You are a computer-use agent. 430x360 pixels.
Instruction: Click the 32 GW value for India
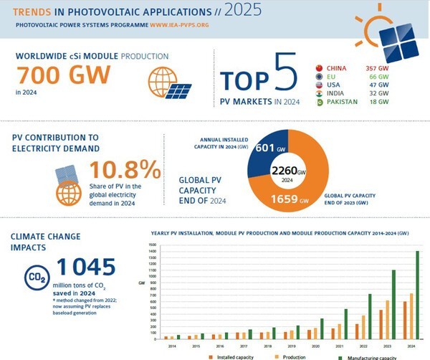[381, 92]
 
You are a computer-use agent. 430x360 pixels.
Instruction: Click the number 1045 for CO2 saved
[85, 267]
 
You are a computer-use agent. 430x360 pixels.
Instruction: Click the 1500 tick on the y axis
[151, 245]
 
